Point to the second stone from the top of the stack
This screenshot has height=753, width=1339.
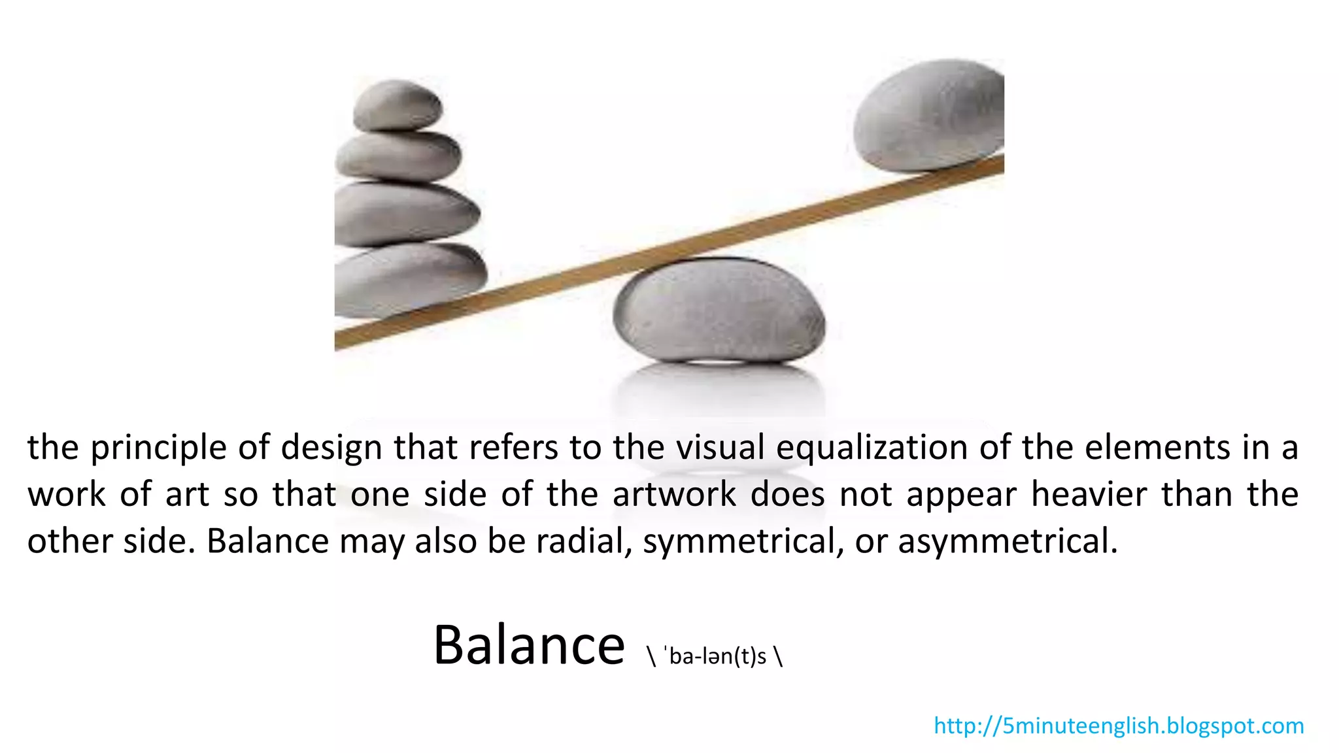point(398,156)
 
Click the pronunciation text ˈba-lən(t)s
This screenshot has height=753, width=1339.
point(715,656)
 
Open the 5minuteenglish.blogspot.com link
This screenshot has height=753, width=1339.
point(1119,726)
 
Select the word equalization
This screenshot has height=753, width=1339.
point(872,448)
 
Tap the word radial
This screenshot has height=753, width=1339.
point(584,541)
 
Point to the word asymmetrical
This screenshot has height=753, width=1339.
point(1008,541)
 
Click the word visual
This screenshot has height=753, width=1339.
point(720,448)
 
